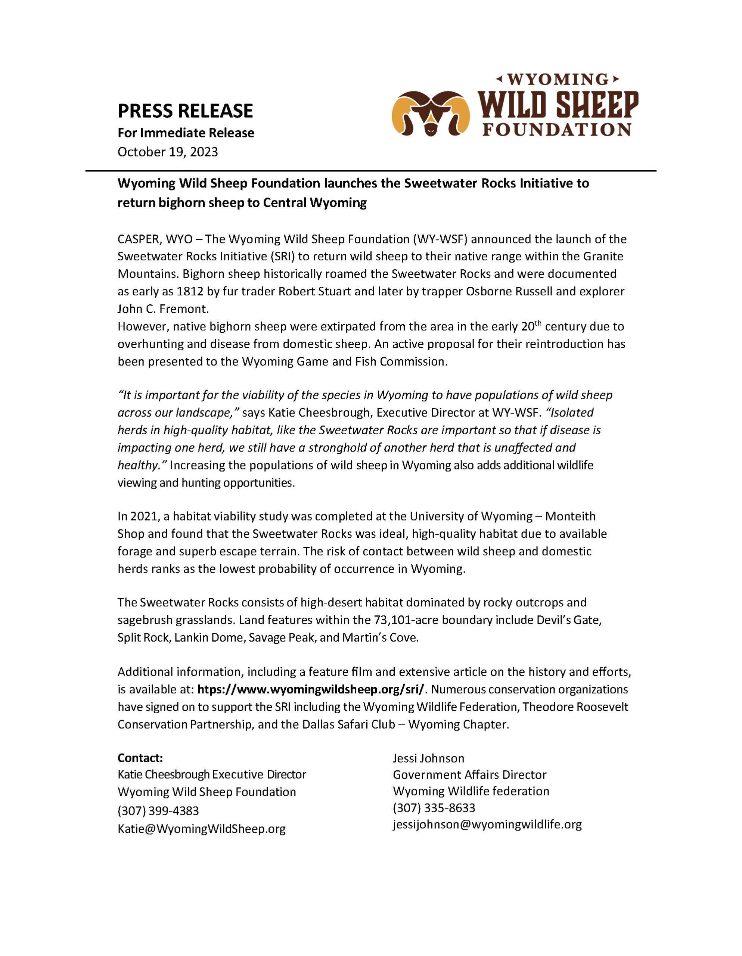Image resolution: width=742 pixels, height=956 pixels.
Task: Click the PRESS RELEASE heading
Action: coord(185,111)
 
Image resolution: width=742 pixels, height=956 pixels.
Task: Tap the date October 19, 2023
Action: coord(168,152)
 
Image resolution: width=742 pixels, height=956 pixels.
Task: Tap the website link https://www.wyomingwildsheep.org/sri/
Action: coord(311,689)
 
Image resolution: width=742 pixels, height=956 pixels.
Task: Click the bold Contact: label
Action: coord(140,758)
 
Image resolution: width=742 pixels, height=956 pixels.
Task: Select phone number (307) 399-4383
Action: coord(158,811)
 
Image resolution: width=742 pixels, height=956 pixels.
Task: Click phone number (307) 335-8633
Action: coord(434,807)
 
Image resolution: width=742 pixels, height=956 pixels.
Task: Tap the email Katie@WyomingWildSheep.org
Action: coord(201,829)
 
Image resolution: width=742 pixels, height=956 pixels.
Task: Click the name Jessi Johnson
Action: coord(428,758)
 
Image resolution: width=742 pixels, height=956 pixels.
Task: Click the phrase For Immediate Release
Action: coord(186,133)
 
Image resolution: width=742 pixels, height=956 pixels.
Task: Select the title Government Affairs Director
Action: coord(469,775)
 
